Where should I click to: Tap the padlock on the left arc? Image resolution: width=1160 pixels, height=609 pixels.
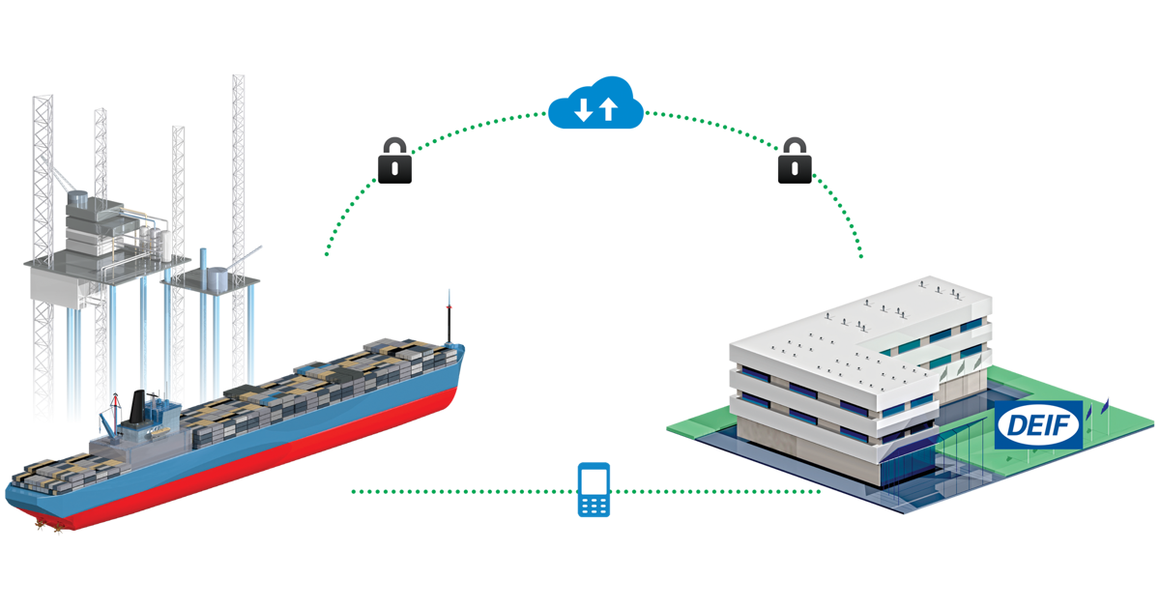click(x=394, y=159)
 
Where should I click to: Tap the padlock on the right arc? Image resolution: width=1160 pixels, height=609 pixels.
click(x=795, y=159)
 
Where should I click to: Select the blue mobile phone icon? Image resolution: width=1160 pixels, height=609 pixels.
click(x=594, y=490)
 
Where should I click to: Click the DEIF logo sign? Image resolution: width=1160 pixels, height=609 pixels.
click(x=1038, y=424)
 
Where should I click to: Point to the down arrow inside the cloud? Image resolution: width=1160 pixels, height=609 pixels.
click(x=582, y=110)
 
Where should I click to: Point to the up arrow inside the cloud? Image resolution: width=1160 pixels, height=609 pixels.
click(x=608, y=109)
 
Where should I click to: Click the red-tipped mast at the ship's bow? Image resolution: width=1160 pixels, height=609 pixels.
click(x=448, y=309)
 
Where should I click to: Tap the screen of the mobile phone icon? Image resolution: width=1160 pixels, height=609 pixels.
click(x=594, y=482)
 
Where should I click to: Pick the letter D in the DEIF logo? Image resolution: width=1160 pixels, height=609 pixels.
click(x=1013, y=424)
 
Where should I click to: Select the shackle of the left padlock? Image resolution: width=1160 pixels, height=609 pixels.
click(x=394, y=146)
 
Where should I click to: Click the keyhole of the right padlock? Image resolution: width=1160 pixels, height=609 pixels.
click(x=795, y=166)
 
